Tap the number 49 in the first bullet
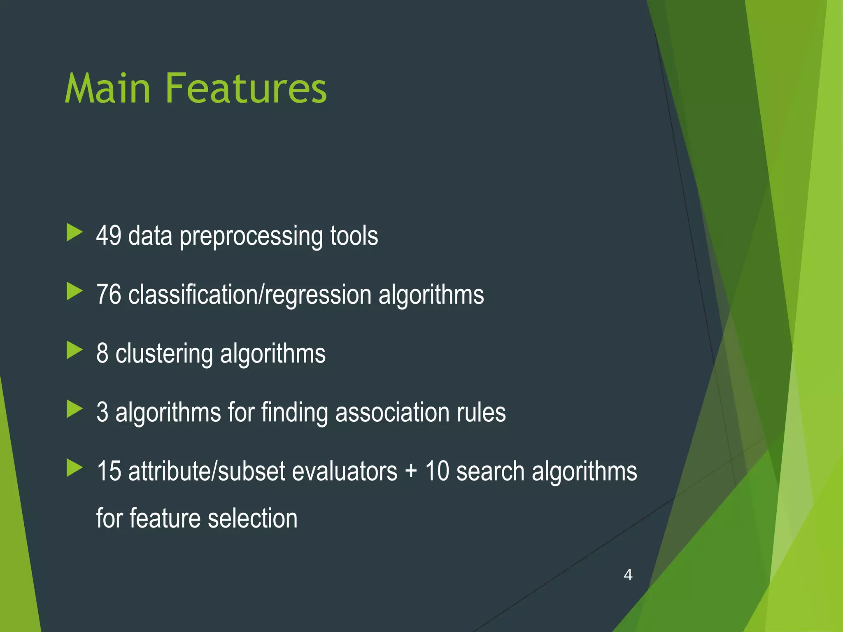tap(109, 236)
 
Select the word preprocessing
tap(251, 237)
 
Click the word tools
tap(354, 236)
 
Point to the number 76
tap(109, 295)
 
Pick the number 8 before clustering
tap(102, 353)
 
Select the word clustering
tap(164, 354)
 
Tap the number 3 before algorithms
tap(102, 412)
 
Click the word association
tap(392, 412)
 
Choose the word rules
tap(481, 412)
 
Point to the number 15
tap(109, 471)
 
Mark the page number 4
tap(628, 574)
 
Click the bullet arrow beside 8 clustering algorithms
tap(75, 351)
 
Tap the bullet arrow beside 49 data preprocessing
tap(75, 233)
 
